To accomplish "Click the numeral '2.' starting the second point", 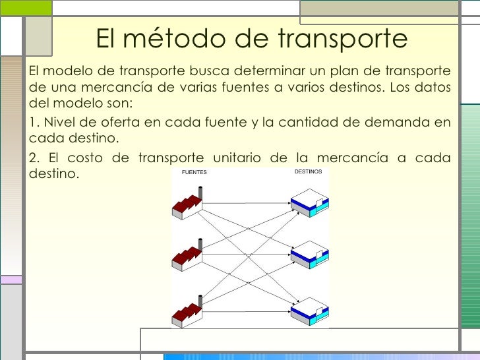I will click(36, 158).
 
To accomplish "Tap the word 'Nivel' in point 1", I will click(59, 123).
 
